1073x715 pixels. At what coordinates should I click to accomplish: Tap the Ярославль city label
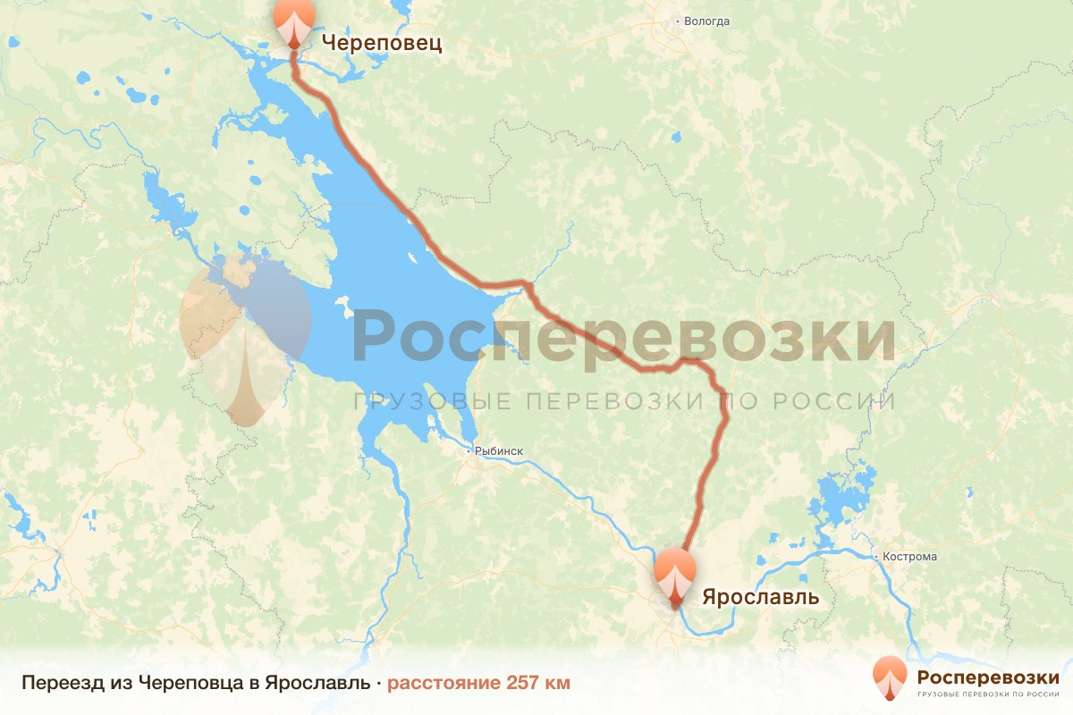760,596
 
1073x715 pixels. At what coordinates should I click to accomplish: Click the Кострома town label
909,557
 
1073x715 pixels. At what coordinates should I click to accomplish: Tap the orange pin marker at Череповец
293,20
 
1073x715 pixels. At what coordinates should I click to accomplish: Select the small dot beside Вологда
678,21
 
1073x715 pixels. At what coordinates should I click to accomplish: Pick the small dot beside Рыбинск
470,452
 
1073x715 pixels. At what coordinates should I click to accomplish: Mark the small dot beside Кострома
876,557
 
